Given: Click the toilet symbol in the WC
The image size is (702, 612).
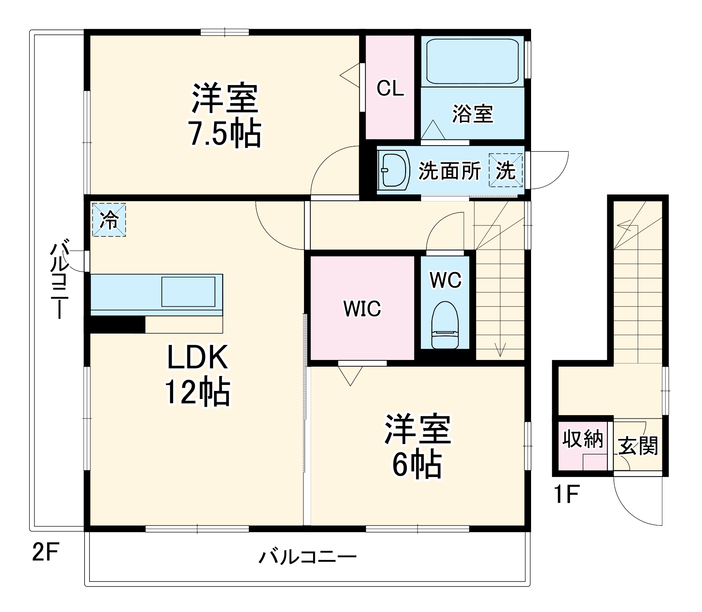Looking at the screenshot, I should click(x=445, y=325).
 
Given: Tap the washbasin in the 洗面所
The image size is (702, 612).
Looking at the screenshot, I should click(x=395, y=170).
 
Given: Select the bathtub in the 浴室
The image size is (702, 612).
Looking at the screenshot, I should click(x=472, y=61).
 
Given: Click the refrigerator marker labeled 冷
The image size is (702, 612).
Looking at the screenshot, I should click(x=109, y=220).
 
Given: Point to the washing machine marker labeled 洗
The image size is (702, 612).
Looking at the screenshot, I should click(x=505, y=170).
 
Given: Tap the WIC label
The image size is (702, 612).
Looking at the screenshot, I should click(x=362, y=309).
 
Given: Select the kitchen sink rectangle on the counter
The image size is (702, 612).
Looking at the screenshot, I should click(x=188, y=292).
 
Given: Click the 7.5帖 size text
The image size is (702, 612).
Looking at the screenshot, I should click(x=225, y=134).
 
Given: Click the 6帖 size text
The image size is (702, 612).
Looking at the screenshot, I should click(x=417, y=464).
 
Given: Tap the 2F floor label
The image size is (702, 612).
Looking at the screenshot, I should click(x=46, y=552).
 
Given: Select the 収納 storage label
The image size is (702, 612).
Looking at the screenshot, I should click(x=583, y=439).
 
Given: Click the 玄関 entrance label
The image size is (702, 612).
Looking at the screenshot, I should click(x=638, y=446).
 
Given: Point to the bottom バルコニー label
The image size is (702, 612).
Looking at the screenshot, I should click(x=307, y=557).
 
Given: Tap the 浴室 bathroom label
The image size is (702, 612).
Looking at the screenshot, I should click(x=472, y=114).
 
